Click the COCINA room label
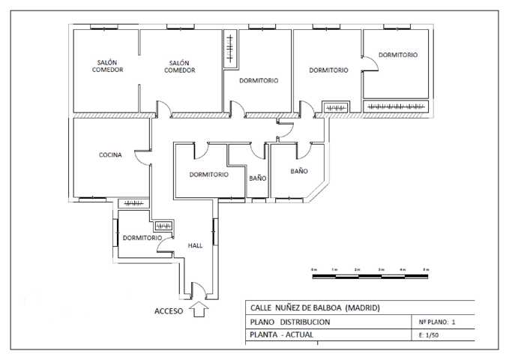click(110, 155)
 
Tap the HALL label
click(195, 245)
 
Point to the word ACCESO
click(169, 310)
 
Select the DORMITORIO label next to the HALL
click(142, 238)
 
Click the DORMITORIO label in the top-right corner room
click(397, 55)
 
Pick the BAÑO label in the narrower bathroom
click(257, 178)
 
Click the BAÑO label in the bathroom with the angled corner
click(298, 171)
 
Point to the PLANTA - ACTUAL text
click(281, 335)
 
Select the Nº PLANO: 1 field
click(436, 322)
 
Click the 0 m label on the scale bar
click(313, 268)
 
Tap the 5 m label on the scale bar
click(426, 268)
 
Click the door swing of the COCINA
click(142, 157)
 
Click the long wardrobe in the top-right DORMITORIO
click(395, 106)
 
